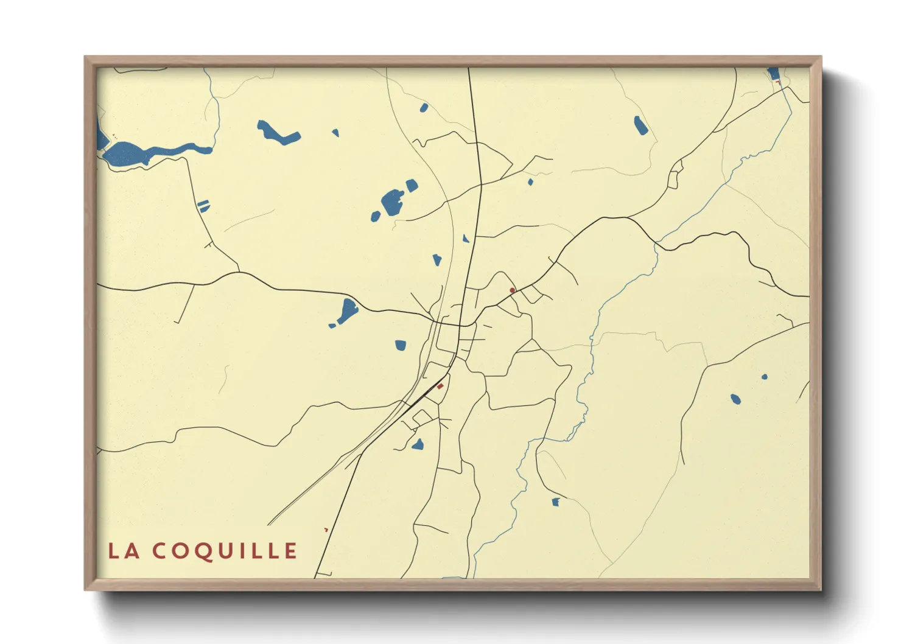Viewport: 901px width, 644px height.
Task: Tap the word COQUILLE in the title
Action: [225, 551]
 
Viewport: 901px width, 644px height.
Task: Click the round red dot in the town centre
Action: [512, 290]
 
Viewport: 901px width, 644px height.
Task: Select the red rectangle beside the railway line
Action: [440, 387]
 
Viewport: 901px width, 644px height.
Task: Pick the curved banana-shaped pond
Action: [278, 133]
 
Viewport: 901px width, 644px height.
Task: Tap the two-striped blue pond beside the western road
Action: [203, 206]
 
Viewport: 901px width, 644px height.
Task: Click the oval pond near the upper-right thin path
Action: [640, 125]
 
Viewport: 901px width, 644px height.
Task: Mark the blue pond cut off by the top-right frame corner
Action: [773, 74]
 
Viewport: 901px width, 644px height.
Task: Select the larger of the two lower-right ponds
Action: [736, 399]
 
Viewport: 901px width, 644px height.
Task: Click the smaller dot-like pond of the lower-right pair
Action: [765, 377]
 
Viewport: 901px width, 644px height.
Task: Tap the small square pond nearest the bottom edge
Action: [555, 502]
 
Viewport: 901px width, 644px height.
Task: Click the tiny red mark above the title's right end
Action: [326, 530]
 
